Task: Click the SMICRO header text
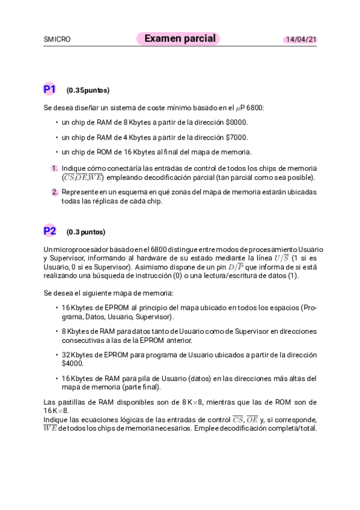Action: tap(57, 40)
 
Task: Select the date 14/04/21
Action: tap(301, 40)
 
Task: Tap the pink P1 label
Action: tap(49, 90)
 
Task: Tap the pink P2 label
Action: tap(49, 231)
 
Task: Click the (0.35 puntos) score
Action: tap(88, 91)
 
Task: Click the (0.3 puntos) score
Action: tap(85, 232)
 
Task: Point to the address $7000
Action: tap(236, 137)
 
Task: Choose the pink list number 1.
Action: tap(54, 168)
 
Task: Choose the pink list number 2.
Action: tap(54, 192)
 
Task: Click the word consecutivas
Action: tap(82, 340)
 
